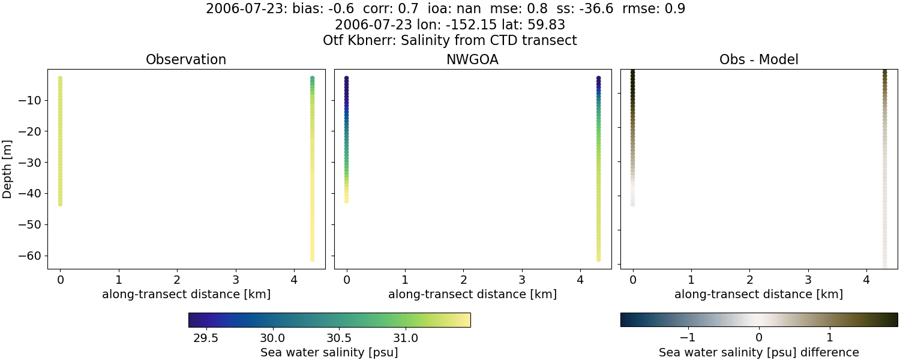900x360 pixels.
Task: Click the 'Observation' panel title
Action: (186, 59)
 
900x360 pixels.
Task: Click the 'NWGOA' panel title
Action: (472, 59)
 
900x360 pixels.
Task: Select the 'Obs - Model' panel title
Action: (758, 59)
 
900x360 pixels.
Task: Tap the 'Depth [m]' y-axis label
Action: (7, 169)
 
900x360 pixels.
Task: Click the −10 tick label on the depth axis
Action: (29, 100)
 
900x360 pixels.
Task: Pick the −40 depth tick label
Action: (29, 193)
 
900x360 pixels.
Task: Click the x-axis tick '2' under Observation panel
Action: (177, 280)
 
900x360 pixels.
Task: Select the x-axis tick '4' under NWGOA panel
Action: (580, 280)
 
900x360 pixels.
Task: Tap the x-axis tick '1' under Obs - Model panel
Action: (691, 280)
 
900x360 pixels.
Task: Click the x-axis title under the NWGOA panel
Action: (472, 295)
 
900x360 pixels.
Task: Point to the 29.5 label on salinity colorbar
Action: (206, 337)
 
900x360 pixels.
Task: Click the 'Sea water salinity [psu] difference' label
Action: (758, 352)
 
